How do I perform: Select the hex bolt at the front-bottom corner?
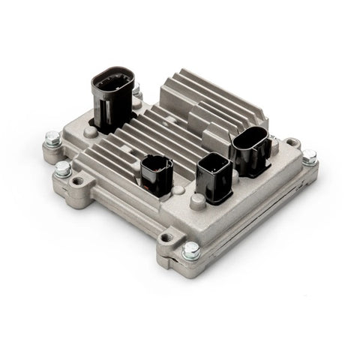coord(190,251)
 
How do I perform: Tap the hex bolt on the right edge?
coord(308,157)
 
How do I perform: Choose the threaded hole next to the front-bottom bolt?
coord(166,238)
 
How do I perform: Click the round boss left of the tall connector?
coord(90,131)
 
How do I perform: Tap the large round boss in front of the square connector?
coord(198,201)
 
